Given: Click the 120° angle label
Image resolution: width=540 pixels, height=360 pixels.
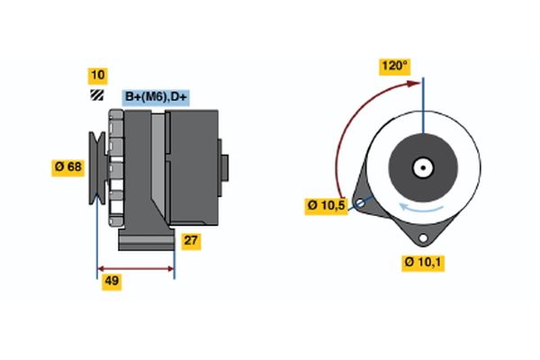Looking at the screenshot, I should tap(393, 65).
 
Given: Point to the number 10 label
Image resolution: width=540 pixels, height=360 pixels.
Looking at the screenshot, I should tap(97, 75).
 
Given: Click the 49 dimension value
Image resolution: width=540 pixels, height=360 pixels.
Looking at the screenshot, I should tap(112, 281).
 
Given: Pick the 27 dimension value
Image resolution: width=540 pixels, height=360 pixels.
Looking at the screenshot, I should tap(191, 240).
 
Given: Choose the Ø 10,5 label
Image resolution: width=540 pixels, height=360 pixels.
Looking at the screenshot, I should tap(326, 206).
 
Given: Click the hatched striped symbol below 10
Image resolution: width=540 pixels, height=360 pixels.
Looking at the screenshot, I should tap(96, 95).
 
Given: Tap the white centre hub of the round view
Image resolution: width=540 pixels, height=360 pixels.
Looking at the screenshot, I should tap(422, 166).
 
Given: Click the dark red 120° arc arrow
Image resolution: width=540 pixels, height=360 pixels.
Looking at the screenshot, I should tap(342, 135).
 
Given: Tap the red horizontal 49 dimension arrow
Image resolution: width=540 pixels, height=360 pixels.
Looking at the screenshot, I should tap(135, 268).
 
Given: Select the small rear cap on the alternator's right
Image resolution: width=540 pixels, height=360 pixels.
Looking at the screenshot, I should tap(224, 168).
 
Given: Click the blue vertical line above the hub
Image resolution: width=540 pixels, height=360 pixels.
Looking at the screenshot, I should tap(422, 108).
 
